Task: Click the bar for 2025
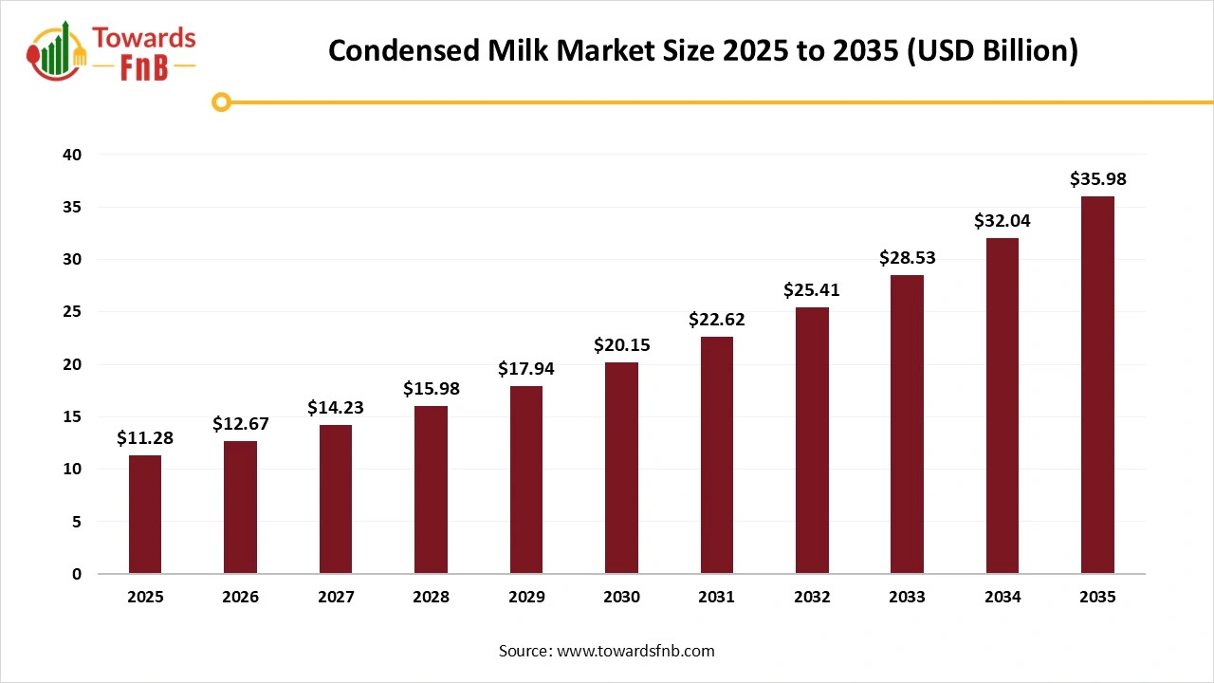tap(145, 514)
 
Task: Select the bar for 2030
tap(621, 468)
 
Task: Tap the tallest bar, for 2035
tap(1097, 384)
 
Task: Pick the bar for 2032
tap(812, 440)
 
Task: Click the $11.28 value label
tap(145, 437)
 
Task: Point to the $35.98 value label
tap(1097, 178)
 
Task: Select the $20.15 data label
tap(621, 344)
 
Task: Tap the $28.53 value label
tap(907, 257)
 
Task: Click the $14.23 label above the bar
tap(336, 407)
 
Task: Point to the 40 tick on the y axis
tap(73, 155)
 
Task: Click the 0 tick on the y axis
tap(77, 574)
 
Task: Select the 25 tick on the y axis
tap(73, 312)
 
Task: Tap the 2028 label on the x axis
tap(431, 598)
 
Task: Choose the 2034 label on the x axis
tap(1002, 598)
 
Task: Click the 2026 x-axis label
tap(240, 598)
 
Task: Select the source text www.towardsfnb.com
tap(635, 651)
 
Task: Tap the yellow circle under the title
tap(221, 102)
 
